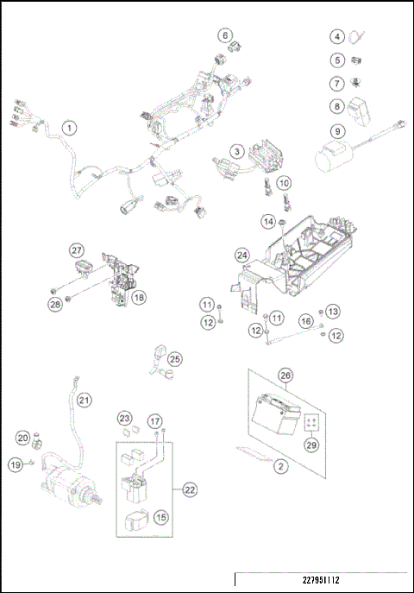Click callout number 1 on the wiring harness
[71, 127]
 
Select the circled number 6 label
[225, 35]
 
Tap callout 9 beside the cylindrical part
[338, 131]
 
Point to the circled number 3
[235, 152]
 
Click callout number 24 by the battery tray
[243, 255]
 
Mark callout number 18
[138, 297]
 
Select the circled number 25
[175, 358]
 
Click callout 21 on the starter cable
[84, 400]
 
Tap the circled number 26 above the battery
[285, 375]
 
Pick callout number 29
[310, 444]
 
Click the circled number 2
[281, 467]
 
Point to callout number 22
[189, 489]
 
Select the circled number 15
[161, 517]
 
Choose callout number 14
[268, 222]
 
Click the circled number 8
[338, 107]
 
